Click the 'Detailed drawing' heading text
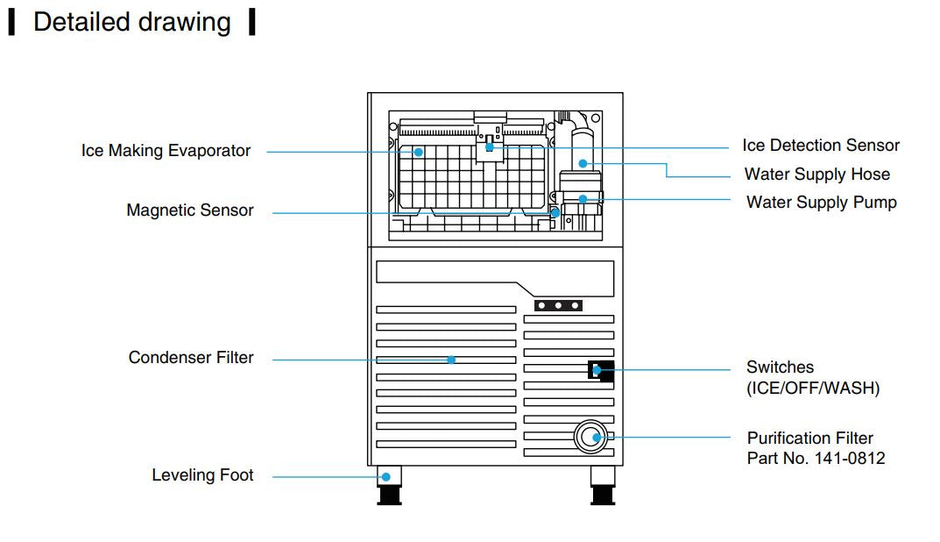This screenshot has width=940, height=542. pos(131,23)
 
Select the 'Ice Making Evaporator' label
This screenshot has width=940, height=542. pos(166,151)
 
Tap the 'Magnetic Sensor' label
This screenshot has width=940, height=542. pos(190,210)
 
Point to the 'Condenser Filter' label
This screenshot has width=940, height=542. pos(191,358)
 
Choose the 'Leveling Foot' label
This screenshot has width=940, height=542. pos(202,475)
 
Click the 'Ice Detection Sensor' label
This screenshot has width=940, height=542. pos(821,146)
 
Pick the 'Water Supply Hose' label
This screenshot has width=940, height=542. pos(816,175)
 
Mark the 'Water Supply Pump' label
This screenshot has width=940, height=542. pos(821,203)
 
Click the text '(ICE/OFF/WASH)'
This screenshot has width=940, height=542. pos(813,388)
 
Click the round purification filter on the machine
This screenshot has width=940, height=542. pos(595,436)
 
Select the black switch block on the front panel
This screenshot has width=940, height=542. pos(600,369)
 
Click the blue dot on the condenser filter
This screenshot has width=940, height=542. pos(451,359)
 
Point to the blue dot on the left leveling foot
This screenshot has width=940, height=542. pos(385,476)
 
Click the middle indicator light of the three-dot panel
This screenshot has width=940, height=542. pos(558,305)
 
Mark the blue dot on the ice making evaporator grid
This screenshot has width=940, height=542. pos(419,152)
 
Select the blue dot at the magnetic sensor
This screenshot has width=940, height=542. pos(555,211)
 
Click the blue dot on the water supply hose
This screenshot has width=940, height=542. pos(583,163)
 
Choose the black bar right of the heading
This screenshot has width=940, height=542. pos(252,22)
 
